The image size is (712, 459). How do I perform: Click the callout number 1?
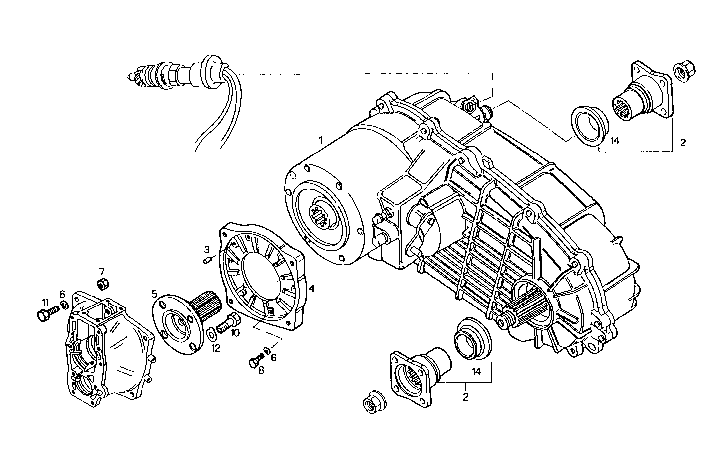(x=321, y=140)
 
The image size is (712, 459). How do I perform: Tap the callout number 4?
(x=311, y=288)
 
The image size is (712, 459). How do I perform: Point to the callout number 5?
(x=154, y=294)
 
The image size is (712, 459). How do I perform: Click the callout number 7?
(x=101, y=272)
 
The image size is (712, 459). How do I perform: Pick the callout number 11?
(x=45, y=302)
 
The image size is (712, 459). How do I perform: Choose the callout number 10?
(x=235, y=333)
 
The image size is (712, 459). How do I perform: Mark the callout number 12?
(x=215, y=348)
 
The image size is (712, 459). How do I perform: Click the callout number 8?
(x=261, y=370)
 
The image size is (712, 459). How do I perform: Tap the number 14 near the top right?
(x=615, y=141)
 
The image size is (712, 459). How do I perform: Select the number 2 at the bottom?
(x=465, y=397)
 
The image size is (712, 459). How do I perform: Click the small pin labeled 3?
(x=208, y=259)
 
